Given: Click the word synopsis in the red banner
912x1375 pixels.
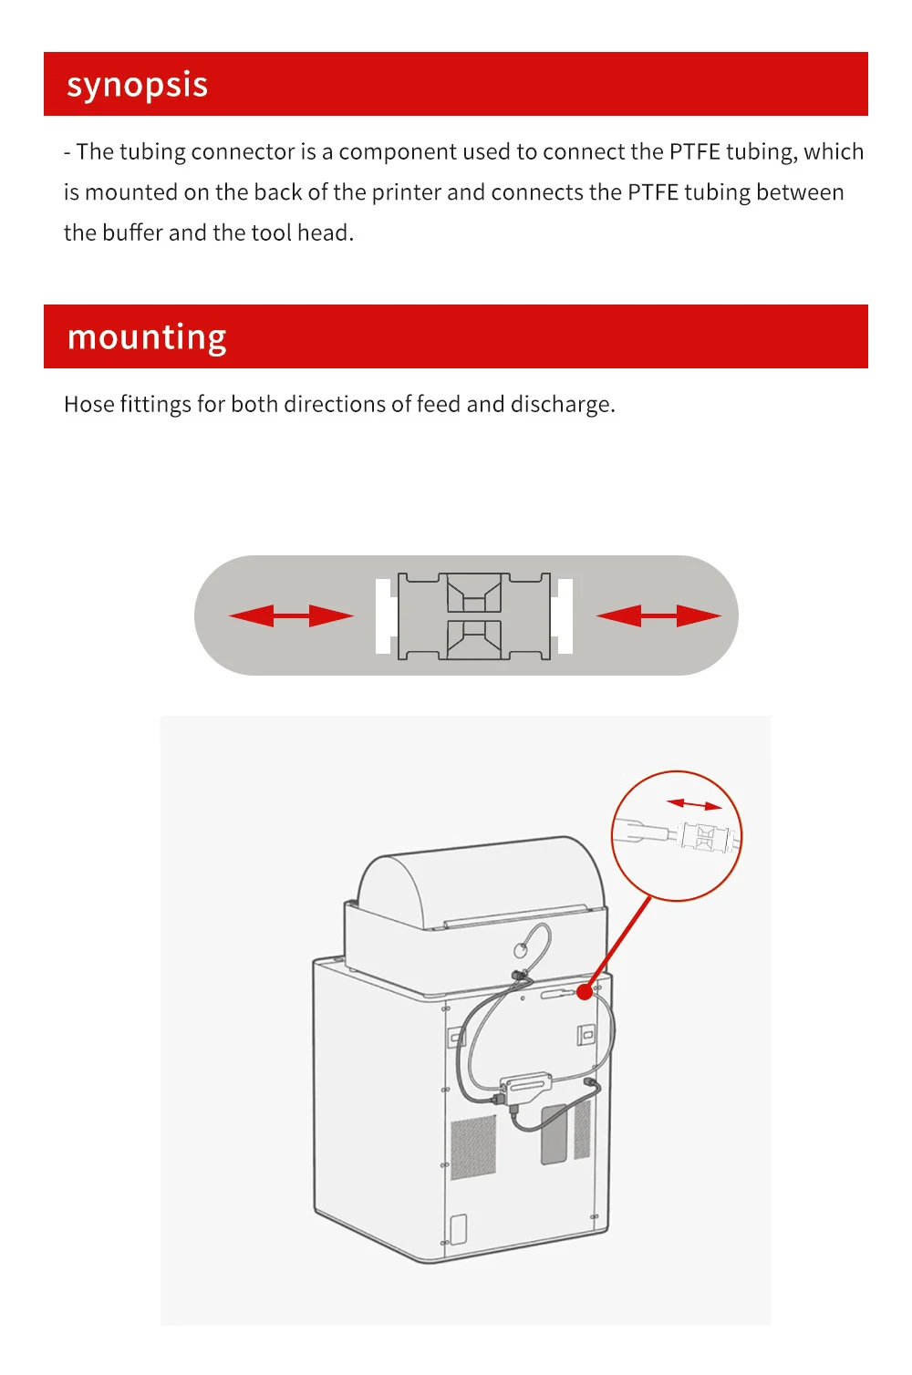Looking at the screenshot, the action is [x=137, y=86].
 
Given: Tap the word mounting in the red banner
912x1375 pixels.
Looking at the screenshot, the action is [x=147, y=337].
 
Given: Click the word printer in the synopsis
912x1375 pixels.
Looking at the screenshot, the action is [x=406, y=192].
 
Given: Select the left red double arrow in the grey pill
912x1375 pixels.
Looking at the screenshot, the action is [x=291, y=615].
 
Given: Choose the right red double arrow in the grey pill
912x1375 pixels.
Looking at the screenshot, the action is [x=658, y=615].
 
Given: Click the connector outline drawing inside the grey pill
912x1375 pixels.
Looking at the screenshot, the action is [x=474, y=616].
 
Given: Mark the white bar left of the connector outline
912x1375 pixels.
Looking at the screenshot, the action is [x=383, y=615].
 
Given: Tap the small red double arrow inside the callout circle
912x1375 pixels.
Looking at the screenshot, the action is [x=694, y=804].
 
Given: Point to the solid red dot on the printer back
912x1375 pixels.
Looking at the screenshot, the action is [x=585, y=991].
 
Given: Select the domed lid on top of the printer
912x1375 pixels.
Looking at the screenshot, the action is [x=479, y=879].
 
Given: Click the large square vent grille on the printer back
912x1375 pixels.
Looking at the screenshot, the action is [x=473, y=1146].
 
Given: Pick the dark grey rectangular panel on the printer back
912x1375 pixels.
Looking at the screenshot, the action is [x=554, y=1133].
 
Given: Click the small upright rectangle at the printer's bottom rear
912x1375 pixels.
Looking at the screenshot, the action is [x=458, y=1229].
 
